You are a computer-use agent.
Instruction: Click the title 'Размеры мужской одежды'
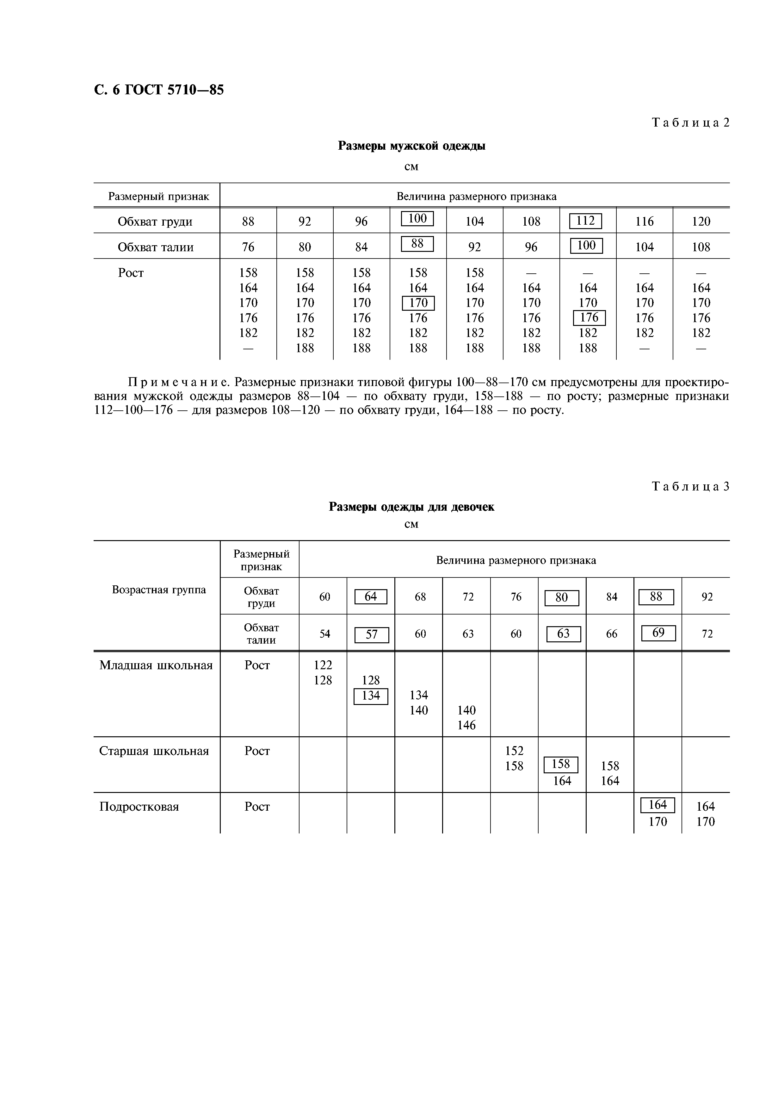click(x=411, y=146)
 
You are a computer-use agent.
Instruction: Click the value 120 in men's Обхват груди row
click(x=701, y=221)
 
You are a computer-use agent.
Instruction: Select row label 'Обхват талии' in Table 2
click(x=156, y=247)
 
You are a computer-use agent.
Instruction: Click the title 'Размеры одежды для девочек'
click(x=411, y=507)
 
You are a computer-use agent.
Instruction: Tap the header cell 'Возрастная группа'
click(x=158, y=590)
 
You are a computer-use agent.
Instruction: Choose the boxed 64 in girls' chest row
click(x=371, y=596)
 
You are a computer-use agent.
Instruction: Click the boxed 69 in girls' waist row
click(x=658, y=633)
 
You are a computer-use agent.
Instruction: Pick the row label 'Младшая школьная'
click(x=156, y=666)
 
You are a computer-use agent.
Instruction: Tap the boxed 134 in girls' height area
click(x=371, y=696)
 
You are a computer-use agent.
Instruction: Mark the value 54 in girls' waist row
click(x=324, y=634)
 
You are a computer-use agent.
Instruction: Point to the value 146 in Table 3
click(x=466, y=725)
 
